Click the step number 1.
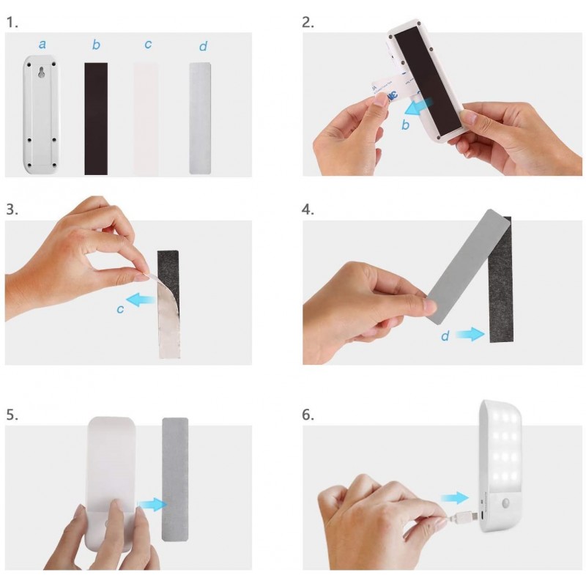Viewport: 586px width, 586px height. tap(12, 23)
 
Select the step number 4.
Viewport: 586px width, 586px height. tap(308, 209)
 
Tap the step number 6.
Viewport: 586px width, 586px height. tap(308, 415)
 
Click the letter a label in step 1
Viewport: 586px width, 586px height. tap(42, 45)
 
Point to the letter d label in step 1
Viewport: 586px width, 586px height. tap(203, 46)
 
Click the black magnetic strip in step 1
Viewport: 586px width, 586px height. tap(96, 119)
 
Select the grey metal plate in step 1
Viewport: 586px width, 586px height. tap(200, 118)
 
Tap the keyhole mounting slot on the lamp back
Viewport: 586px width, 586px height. tap(42, 72)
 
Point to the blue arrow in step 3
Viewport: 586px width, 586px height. tap(141, 300)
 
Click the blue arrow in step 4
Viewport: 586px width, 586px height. tap(470, 334)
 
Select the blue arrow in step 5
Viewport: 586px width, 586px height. tap(152, 505)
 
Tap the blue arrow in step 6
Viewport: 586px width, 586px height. tap(454, 498)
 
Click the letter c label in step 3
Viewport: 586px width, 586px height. tap(120, 309)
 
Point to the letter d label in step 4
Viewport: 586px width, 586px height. tap(445, 335)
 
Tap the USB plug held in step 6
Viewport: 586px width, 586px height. tap(464, 516)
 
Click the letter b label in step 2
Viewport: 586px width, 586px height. tap(406, 125)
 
